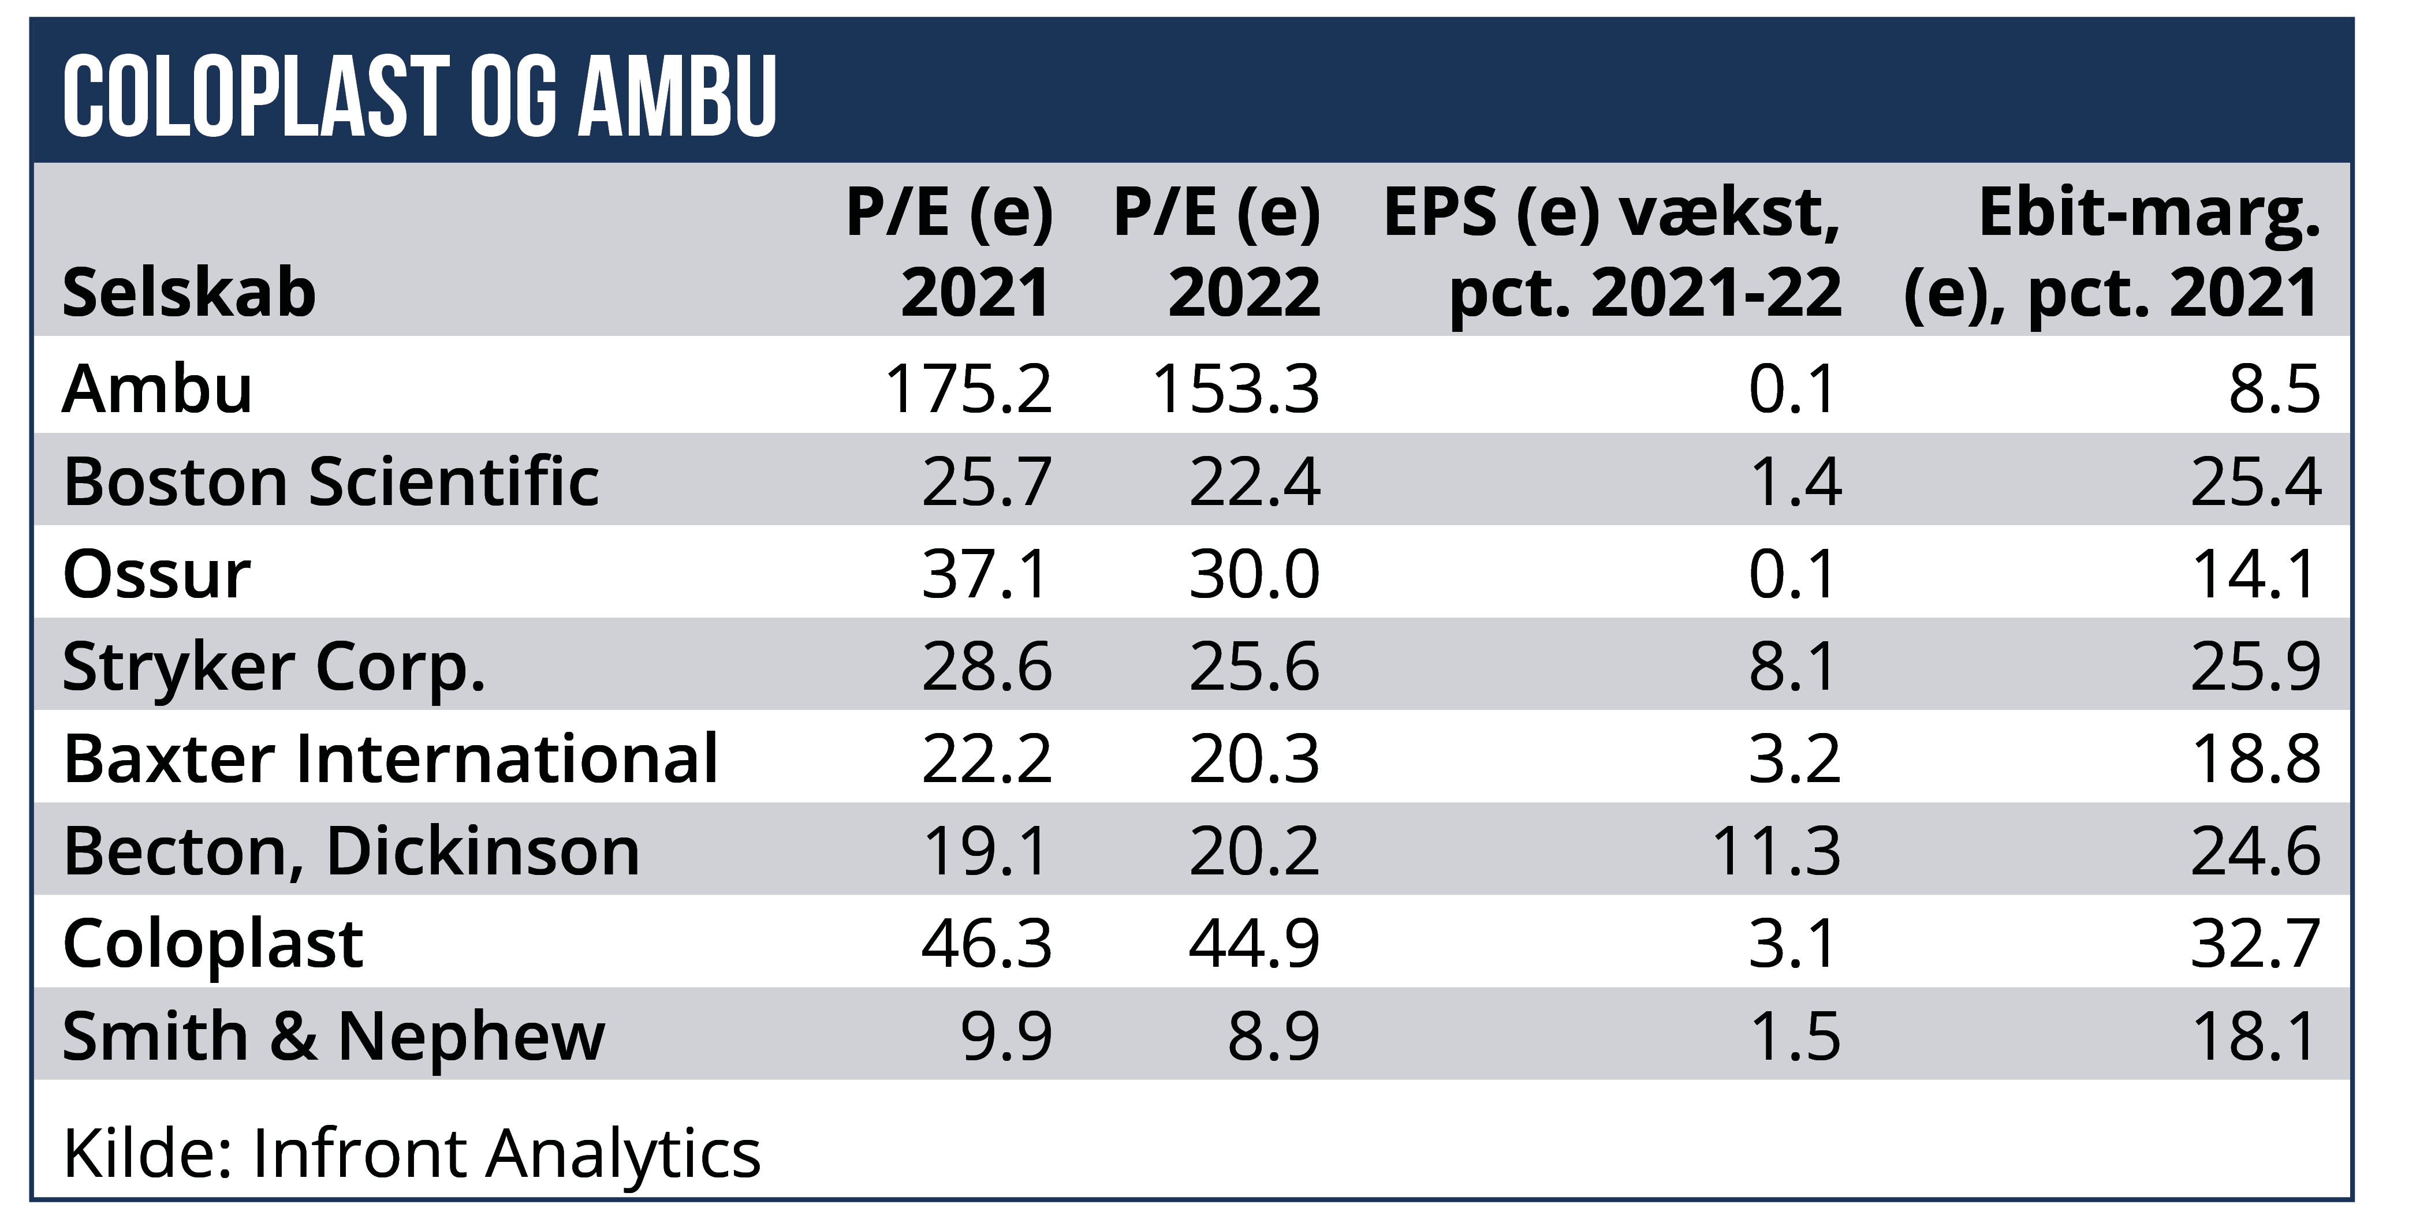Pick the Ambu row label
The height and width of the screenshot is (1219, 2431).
click(158, 388)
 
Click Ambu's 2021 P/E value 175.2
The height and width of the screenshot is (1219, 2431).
click(968, 388)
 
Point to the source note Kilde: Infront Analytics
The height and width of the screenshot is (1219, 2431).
click(412, 1153)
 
